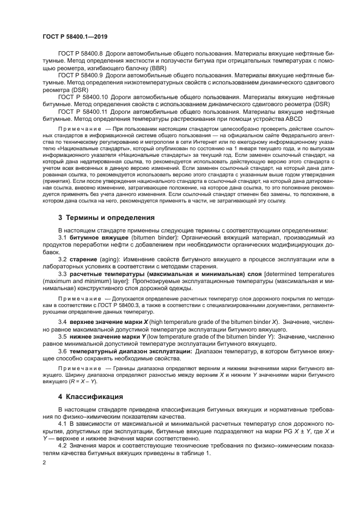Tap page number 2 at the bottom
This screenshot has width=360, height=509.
click(x=44, y=462)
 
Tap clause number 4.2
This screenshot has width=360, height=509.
click(x=63, y=446)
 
